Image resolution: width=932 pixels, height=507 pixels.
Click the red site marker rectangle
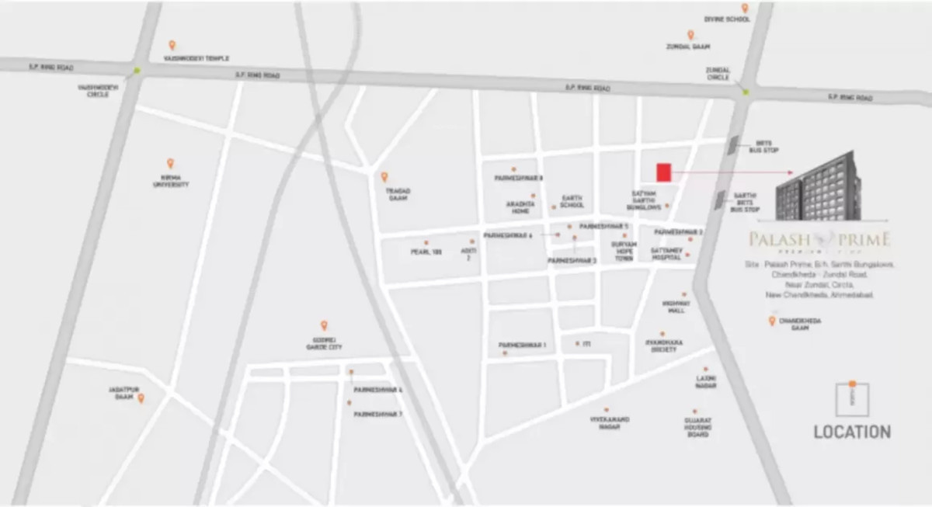tap(663, 172)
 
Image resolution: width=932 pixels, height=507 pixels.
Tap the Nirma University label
tap(170, 182)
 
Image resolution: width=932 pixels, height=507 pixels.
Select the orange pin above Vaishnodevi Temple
tap(172, 46)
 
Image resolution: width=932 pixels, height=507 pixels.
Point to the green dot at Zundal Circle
tap(745, 92)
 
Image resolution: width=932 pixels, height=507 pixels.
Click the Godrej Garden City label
tap(324, 343)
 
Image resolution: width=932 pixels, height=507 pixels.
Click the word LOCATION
tap(852, 432)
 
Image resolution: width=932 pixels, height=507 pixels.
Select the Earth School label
tap(572, 202)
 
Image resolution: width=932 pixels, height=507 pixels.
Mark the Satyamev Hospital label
tap(666, 253)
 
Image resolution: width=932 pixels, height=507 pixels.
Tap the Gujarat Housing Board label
tap(697, 427)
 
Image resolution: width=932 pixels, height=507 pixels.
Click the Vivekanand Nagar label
tap(609, 423)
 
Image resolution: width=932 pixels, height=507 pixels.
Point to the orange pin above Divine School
tap(744, 9)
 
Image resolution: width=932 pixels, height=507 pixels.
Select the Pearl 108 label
tap(426, 252)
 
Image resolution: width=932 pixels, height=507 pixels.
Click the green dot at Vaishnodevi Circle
tap(137, 71)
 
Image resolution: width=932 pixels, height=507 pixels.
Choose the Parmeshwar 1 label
tap(523, 344)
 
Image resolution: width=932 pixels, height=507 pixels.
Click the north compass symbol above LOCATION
tap(852, 398)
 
